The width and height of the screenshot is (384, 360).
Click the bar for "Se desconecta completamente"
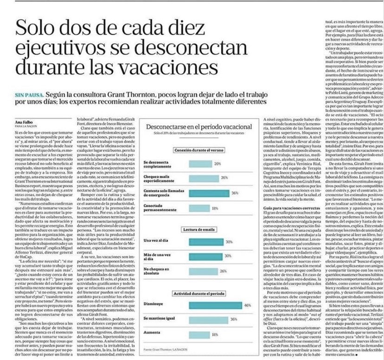click(200, 164)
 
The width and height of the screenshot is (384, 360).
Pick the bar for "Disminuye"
click(216, 305)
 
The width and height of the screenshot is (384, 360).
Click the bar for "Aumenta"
click(199, 333)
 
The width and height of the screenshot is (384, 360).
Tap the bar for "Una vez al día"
click(206, 242)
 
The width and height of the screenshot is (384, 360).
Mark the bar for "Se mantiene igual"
click(210, 319)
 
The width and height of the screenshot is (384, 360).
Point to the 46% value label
click(247, 305)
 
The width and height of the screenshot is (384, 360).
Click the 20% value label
click(218, 164)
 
